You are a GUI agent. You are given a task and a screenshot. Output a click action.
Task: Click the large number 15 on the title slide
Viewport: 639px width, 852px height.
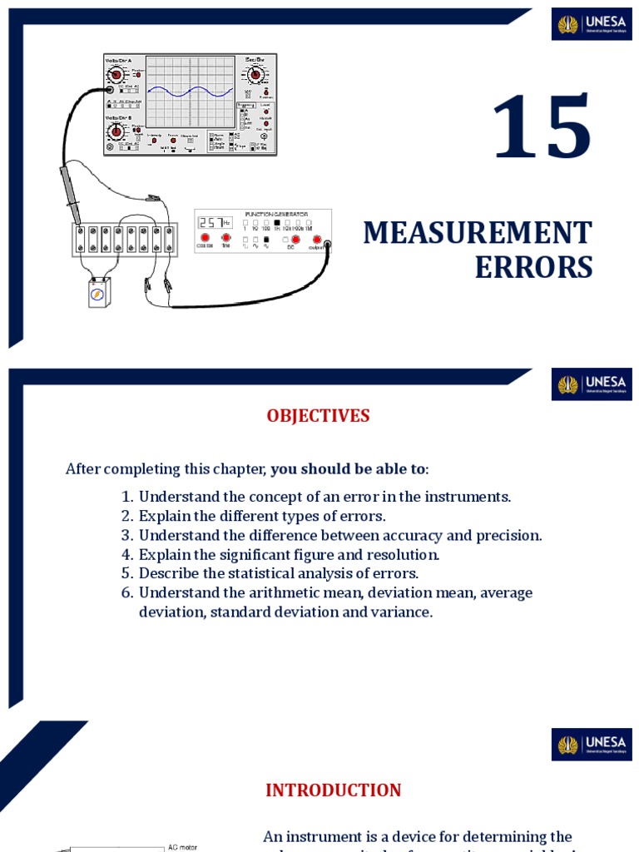point(542,129)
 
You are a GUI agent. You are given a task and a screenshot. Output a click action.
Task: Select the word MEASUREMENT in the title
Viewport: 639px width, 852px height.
point(477,234)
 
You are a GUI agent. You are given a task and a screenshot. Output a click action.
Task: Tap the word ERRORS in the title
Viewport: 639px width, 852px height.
point(533,268)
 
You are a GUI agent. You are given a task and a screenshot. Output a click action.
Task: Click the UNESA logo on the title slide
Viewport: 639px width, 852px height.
point(592,24)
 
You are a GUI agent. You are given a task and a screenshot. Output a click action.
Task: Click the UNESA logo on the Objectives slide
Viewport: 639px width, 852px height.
point(592,384)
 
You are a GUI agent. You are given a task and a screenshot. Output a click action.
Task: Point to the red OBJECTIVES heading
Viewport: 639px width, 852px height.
point(318,416)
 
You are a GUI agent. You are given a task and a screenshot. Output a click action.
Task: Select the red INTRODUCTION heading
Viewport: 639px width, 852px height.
point(333,790)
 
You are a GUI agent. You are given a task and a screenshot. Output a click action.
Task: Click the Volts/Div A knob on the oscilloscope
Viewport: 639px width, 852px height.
point(116,76)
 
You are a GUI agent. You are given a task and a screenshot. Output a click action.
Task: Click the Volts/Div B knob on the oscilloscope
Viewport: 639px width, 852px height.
point(116,131)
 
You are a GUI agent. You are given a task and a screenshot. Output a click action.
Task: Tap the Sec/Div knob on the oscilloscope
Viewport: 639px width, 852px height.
point(255,75)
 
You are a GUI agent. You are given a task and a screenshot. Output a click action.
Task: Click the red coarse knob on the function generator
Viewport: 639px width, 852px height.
point(204,239)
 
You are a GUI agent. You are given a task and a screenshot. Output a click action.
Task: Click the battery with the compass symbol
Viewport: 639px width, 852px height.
point(99,294)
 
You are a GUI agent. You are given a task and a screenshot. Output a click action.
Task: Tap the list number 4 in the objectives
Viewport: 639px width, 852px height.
point(127,554)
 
